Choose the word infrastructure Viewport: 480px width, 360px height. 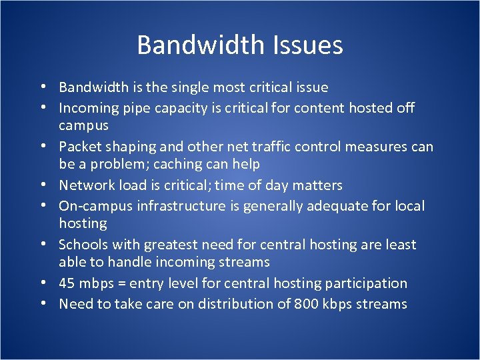tap(185, 206)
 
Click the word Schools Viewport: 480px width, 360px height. tap(83, 245)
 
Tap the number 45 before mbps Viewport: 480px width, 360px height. tap(67, 283)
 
